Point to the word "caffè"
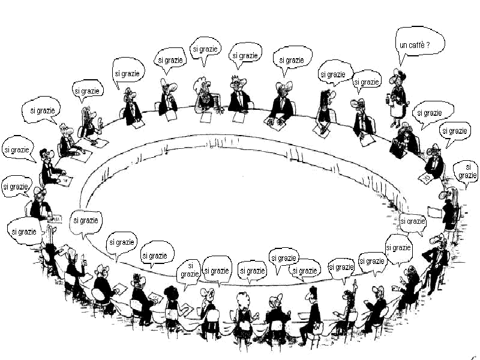421,44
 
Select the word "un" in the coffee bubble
404,44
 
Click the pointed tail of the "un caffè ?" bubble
401,62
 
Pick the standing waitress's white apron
397,108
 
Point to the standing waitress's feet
395,124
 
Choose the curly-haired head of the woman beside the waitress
406,128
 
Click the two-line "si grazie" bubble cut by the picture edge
467,171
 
